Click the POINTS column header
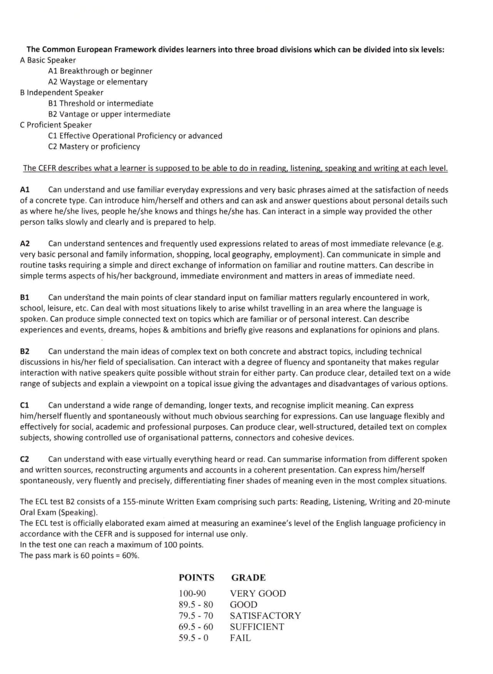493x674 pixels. click(196, 577)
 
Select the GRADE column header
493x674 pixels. click(248, 577)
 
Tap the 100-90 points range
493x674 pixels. click(192, 593)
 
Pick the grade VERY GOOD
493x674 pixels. click(258, 593)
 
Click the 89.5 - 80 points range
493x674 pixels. click(196, 604)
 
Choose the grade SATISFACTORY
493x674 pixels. click(265, 616)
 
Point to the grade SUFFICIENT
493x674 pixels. click(257, 627)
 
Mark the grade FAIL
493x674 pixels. click(240, 638)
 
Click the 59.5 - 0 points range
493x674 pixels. click(193, 638)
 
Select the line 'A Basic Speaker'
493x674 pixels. click(48, 60)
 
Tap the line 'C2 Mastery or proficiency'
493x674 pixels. click(94, 147)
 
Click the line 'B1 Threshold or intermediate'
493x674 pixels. click(100, 103)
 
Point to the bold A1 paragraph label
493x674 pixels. click(25, 190)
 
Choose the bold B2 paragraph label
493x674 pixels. click(25, 351)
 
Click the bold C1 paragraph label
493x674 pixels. click(25, 405)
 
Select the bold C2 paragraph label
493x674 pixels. click(25, 459)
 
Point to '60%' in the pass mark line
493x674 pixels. click(130, 556)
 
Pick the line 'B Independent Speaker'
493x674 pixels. click(62, 93)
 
